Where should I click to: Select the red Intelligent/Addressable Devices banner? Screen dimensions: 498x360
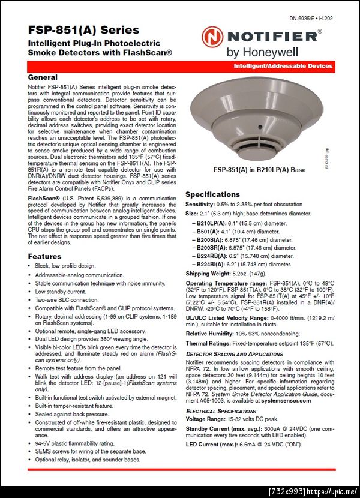283,65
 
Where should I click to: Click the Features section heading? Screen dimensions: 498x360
45,256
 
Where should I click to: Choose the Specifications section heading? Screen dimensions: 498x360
212,194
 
